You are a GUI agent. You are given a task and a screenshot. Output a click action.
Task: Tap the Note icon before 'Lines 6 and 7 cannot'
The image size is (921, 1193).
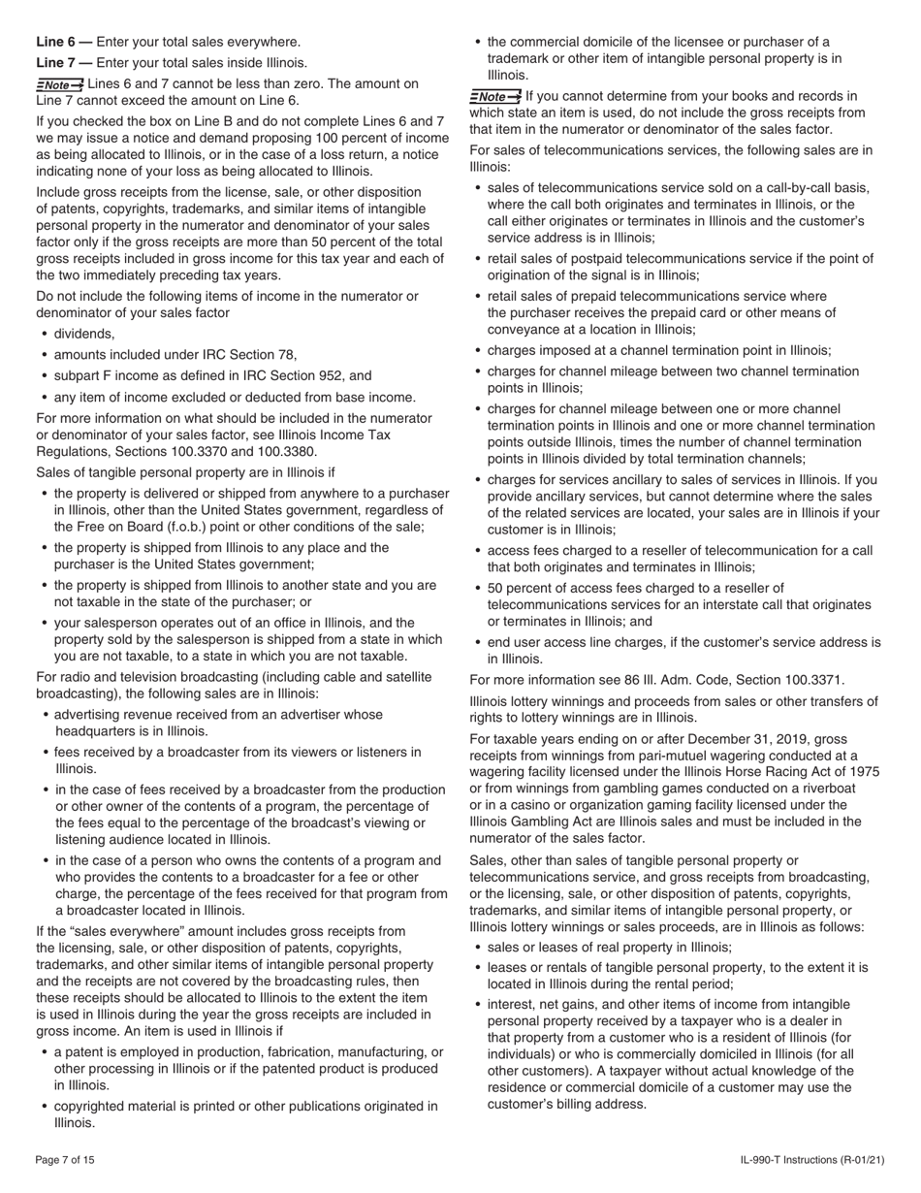click(60, 85)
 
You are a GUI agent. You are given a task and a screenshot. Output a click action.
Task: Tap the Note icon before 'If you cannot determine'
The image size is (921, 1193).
click(494, 97)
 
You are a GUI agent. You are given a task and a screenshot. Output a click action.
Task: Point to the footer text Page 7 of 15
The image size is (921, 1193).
click(65, 1160)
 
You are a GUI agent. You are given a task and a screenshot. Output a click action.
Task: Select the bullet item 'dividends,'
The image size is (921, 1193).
click(84, 334)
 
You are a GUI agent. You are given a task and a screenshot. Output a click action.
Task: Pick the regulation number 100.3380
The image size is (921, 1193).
click(286, 452)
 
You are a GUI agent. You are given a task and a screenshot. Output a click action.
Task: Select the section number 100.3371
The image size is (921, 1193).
click(810, 680)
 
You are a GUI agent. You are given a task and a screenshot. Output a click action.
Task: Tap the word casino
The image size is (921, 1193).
click(522, 805)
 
